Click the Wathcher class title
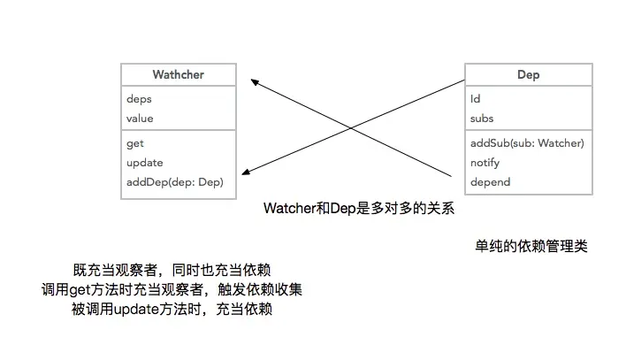click(178, 74)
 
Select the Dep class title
click(528, 75)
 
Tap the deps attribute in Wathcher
click(139, 99)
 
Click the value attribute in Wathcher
click(140, 119)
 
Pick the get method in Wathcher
click(134, 143)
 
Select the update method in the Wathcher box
click(145, 163)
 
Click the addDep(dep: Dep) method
click(174, 182)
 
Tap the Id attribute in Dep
click(475, 99)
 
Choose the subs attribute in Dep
click(482, 119)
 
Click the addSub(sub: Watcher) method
click(527, 143)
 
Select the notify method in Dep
click(485, 163)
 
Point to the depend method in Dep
click(490, 182)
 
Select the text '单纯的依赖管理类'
click(531, 247)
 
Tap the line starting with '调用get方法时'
click(172, 290)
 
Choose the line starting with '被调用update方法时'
click(172, 310)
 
